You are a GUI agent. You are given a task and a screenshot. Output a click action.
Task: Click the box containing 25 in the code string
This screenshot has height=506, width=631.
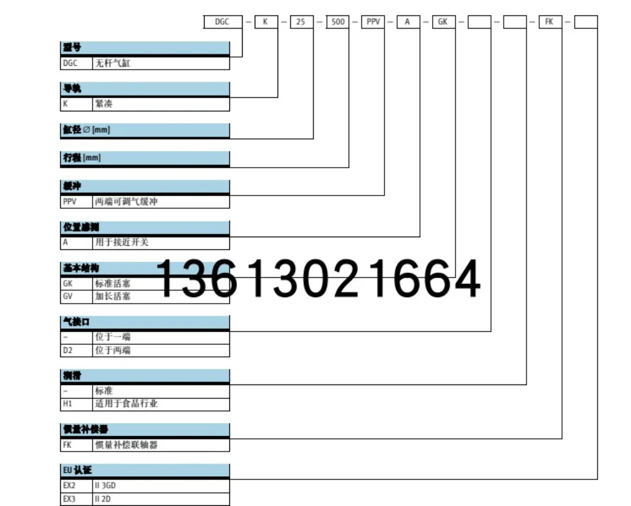[x=301, y=22]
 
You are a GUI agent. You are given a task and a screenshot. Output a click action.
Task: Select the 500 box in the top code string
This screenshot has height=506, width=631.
[x=338, y=22]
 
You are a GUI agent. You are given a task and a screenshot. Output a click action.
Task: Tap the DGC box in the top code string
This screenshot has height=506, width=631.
[x=222, y=22]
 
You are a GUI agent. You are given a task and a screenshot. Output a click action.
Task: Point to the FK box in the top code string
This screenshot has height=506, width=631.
[x=549, y=22]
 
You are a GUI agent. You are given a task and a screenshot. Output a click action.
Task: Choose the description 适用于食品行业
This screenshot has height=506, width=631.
[x=126, y=404]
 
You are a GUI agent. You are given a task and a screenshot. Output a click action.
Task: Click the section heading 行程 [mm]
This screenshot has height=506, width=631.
[x=81, y=158]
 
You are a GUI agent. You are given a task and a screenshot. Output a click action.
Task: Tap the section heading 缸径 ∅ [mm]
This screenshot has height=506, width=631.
[x=86, y=130]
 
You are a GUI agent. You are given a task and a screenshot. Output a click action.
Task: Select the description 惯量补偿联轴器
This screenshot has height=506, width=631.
[x=126, y=445]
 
